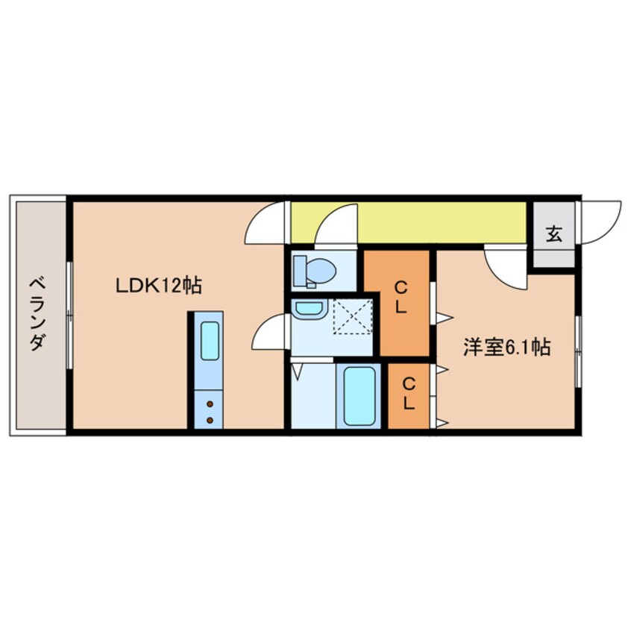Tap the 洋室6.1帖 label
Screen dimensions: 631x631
[507, 348]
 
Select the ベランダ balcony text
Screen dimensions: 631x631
[38, 314]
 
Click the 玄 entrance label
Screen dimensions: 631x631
[553, 233]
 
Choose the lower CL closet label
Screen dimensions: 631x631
[409, 394]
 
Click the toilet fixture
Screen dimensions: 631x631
[314, 271]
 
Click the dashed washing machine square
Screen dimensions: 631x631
[351, 316]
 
